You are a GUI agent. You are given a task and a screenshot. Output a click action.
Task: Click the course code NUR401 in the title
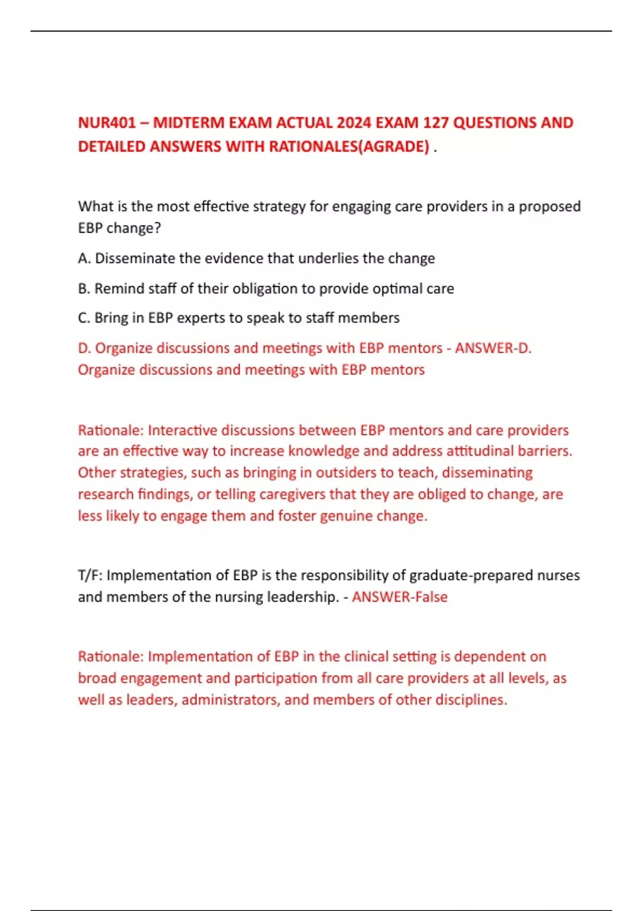107,123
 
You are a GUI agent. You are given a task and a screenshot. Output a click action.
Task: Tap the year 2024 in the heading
354,123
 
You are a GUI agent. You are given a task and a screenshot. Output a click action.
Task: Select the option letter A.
84,259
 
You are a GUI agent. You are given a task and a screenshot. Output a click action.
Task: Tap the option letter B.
84,289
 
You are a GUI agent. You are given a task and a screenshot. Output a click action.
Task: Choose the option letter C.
84,318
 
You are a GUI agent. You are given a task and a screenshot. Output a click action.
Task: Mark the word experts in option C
201,318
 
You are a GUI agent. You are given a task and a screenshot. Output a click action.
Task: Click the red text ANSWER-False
400,597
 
